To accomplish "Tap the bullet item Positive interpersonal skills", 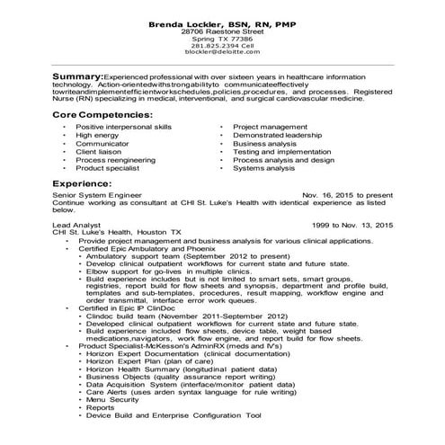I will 123,128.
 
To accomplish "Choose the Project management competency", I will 270,128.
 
